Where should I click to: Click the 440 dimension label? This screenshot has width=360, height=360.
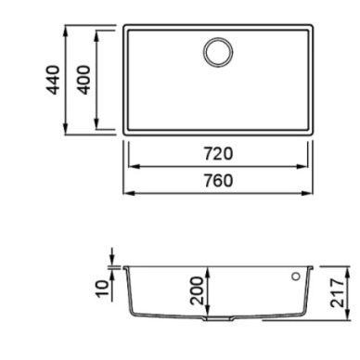tap(52, 80)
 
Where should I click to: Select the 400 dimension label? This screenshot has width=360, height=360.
tap(84, 80)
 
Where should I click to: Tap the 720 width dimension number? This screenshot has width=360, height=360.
tap(218, 154)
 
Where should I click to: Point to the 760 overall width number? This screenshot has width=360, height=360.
tap(218, 181)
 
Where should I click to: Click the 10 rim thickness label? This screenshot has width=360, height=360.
tap(103, 289)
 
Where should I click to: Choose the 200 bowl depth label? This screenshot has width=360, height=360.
tap(197, 290)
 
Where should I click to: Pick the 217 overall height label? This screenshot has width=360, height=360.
tap(337, 292)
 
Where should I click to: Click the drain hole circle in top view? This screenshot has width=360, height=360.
tap(218, 52)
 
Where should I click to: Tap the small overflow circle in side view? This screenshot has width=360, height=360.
tap(296, 276)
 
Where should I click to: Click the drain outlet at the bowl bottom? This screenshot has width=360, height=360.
tap(218, 318)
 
